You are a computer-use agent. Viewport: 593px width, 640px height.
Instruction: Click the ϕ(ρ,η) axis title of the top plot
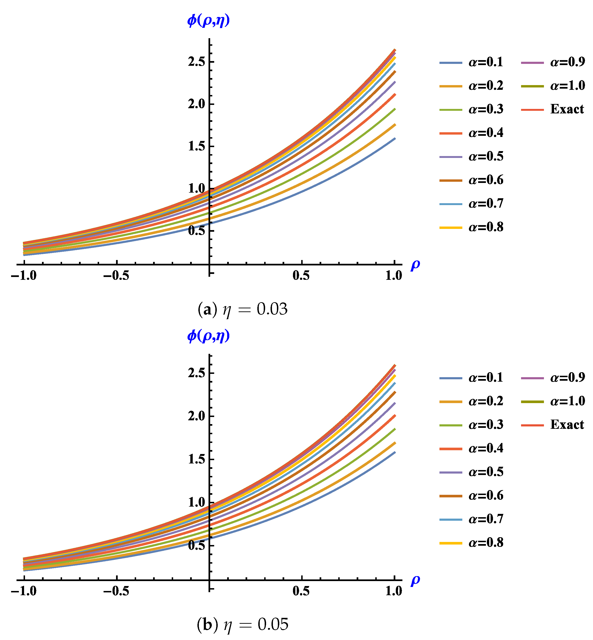pyautogui.click(x=209, y=21)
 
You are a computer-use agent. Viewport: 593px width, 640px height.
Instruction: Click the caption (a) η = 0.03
pyautogui.click(x=242, y=309)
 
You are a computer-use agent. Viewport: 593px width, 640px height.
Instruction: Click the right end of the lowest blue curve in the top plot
pyautogui.click(x=395, y=139)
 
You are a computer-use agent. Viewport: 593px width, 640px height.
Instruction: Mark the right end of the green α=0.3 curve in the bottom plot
pyautogui.click(x=395, y=429)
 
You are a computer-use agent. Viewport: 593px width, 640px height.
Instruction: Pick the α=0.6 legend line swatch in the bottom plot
pyautogui.click(x=451, y=496)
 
